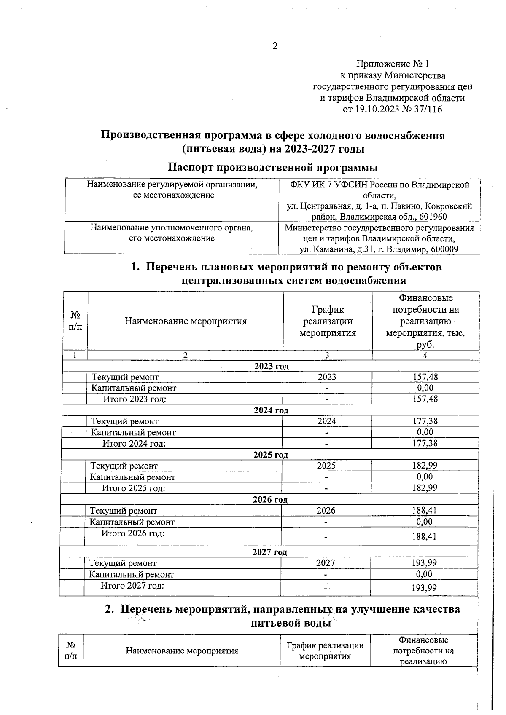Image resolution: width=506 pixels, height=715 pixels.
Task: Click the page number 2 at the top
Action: [x=275, y=46]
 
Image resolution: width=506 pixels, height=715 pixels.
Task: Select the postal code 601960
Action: [x=433, y=217]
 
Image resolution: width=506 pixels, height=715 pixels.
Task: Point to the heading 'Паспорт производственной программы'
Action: [x=273, y=167]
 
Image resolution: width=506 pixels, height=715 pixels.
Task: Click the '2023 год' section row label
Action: [x=272, y=366]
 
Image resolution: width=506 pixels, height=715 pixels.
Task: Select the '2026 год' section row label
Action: [x=270, y=500]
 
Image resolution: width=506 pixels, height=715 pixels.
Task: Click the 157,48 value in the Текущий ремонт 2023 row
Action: [x=425, y=377]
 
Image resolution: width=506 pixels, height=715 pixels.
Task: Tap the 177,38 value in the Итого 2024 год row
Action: [x=425, y=443]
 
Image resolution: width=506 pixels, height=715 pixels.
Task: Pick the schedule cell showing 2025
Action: [x=326, y=466]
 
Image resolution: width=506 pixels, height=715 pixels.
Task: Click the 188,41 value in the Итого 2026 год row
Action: [x=424, y=537]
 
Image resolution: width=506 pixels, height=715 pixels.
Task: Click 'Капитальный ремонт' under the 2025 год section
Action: [x=132, y=477]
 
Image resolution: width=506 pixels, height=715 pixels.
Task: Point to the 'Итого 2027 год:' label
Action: [x=132, y=586]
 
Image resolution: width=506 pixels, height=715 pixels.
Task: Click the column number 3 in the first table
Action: [x=327, y=355]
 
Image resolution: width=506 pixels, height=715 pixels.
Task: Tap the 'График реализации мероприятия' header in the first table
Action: [x=328, y=321]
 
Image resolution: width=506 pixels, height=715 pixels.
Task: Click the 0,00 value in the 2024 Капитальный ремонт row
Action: [x=425, y=432]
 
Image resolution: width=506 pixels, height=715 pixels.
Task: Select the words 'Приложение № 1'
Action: [x=393, y=64]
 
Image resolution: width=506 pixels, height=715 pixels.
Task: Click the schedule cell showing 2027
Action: [x=326, y=563]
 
